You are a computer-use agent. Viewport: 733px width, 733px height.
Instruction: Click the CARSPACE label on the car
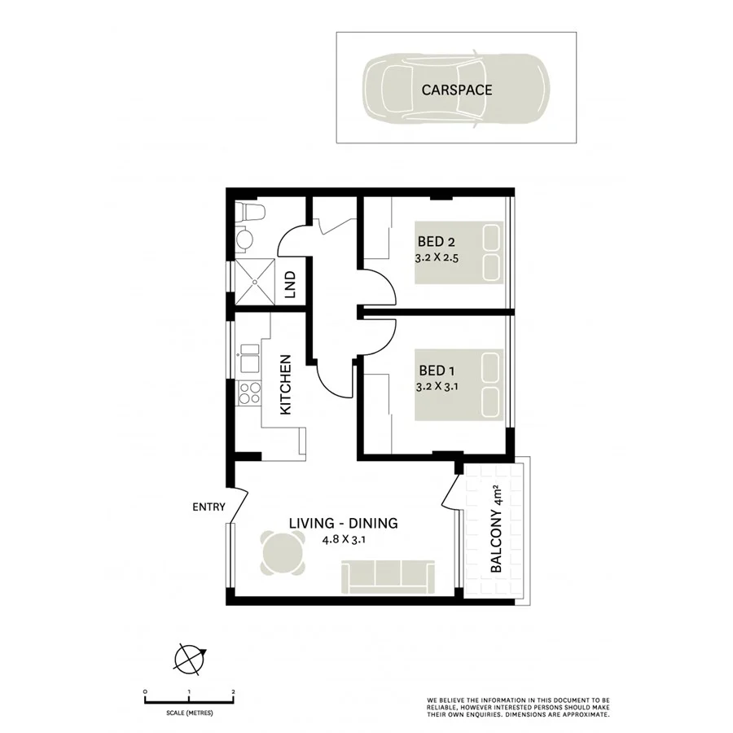(x=456, y=90)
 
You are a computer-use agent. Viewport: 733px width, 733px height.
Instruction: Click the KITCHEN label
(x=286, y=385)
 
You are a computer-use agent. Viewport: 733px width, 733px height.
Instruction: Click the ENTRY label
(x=208, y=507)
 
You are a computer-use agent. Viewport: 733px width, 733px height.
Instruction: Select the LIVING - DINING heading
(x=344, y=524)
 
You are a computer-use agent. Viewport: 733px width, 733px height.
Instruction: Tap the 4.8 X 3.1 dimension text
(x=344, y=539)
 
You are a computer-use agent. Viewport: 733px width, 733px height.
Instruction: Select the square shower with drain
(x=255, y=283)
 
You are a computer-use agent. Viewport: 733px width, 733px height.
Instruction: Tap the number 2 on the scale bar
(x=234, y=691)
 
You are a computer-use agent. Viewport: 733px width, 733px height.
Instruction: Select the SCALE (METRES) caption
(x=189, y=712)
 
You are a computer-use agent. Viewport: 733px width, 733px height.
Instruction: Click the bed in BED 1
(x=458, y=387)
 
